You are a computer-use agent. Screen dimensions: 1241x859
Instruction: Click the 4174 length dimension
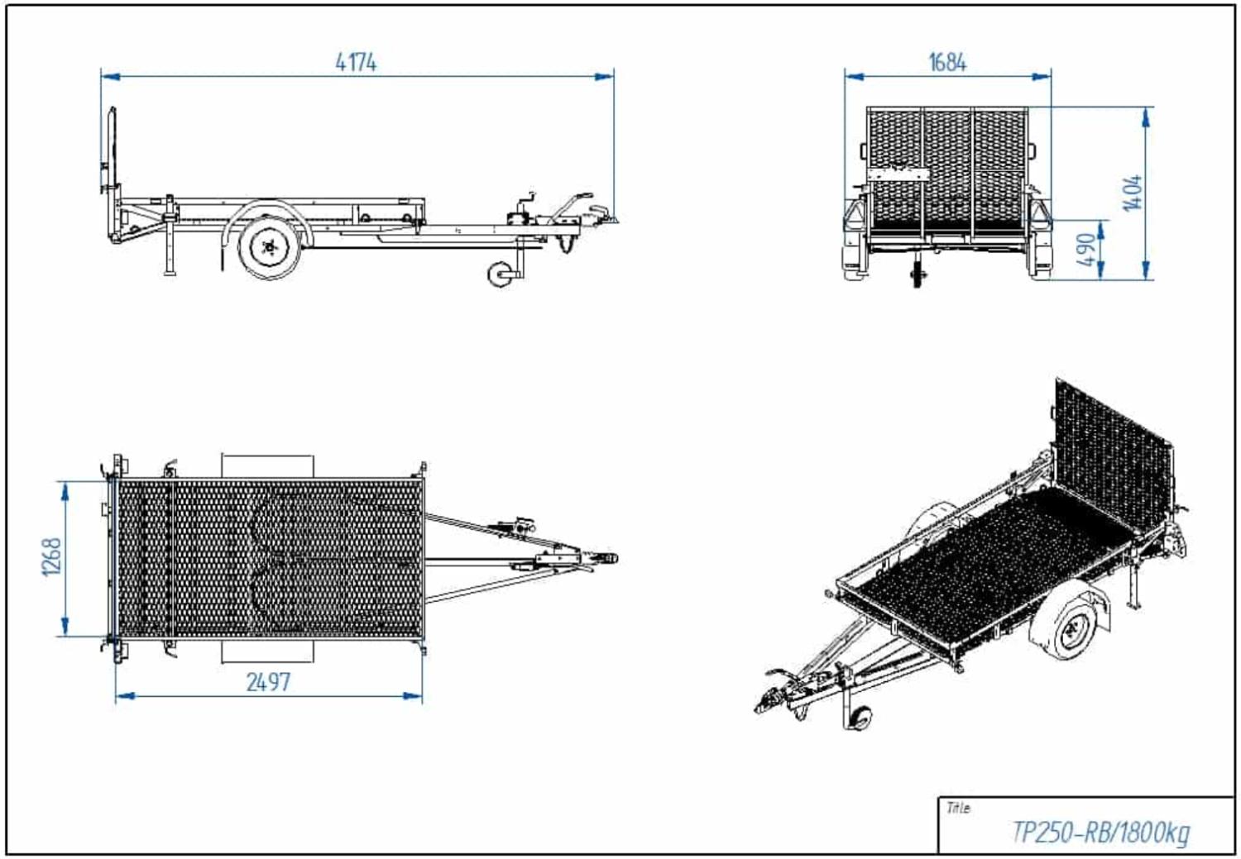coord(357,62)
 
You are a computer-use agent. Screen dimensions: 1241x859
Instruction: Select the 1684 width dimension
coord(947,63)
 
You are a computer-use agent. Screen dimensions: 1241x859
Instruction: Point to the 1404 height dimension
coord(1133,193)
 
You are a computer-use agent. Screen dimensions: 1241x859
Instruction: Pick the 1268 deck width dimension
coord(52,556)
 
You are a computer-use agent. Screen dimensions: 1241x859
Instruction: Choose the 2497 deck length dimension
coord(268,682)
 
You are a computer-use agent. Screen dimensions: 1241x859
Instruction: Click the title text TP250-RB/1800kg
coord(1101,833)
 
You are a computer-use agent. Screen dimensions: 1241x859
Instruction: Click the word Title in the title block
coord(958,809)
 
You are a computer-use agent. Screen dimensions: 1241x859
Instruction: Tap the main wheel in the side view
coord(270,247)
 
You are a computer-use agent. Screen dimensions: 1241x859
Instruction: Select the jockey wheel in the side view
coord(501,274)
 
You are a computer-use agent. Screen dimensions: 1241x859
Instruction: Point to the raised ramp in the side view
coord(113,150)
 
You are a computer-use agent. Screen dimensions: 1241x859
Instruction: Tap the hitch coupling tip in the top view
coord(614,559)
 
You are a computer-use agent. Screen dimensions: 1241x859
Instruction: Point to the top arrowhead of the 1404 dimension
coord(1146,117)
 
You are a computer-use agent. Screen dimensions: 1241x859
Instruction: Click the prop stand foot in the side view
coord(170,271)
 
